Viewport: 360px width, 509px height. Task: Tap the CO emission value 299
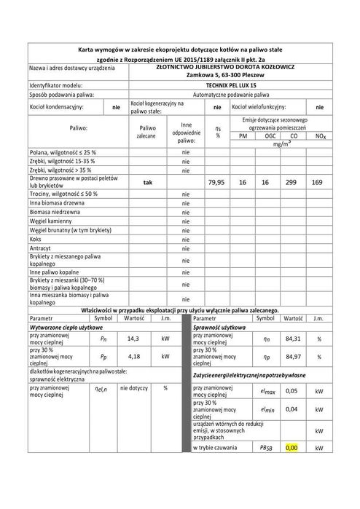[293, 181]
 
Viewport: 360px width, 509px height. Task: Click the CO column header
[293, 135]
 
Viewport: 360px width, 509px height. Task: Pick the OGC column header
[270, 135]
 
